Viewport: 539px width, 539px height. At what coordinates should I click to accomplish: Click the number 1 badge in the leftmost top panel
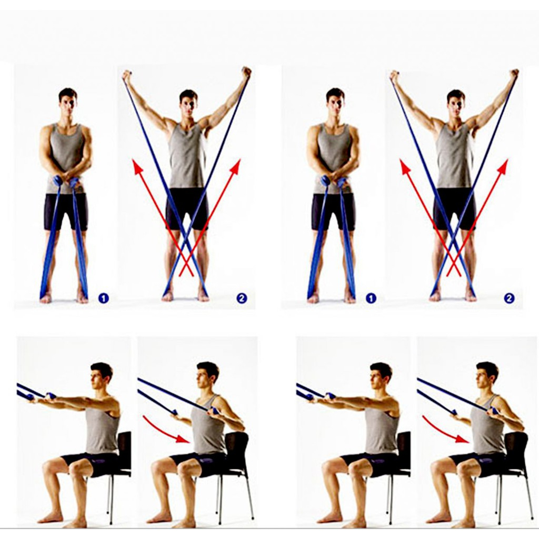pos(104,298)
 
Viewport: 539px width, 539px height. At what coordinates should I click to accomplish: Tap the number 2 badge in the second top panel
pos(242,298)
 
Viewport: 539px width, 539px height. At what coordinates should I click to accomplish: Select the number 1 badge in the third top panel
pos(371,298)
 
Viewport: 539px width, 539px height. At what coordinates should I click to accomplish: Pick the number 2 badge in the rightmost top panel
pos(509,298)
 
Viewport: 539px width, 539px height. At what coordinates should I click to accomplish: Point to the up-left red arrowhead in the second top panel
pos(137,166)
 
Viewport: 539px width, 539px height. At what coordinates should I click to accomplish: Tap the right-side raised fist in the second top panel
pos(246,72)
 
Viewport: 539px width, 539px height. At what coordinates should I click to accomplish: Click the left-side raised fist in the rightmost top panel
pos(394,75)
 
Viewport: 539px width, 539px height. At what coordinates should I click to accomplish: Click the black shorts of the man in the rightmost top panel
pos(454,208)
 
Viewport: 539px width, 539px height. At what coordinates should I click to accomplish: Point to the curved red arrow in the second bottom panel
pos(165,429)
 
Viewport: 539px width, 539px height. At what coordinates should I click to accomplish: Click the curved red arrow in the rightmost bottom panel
pos(445,429)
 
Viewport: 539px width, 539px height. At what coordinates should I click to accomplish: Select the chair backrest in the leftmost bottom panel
pos(124,450)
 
